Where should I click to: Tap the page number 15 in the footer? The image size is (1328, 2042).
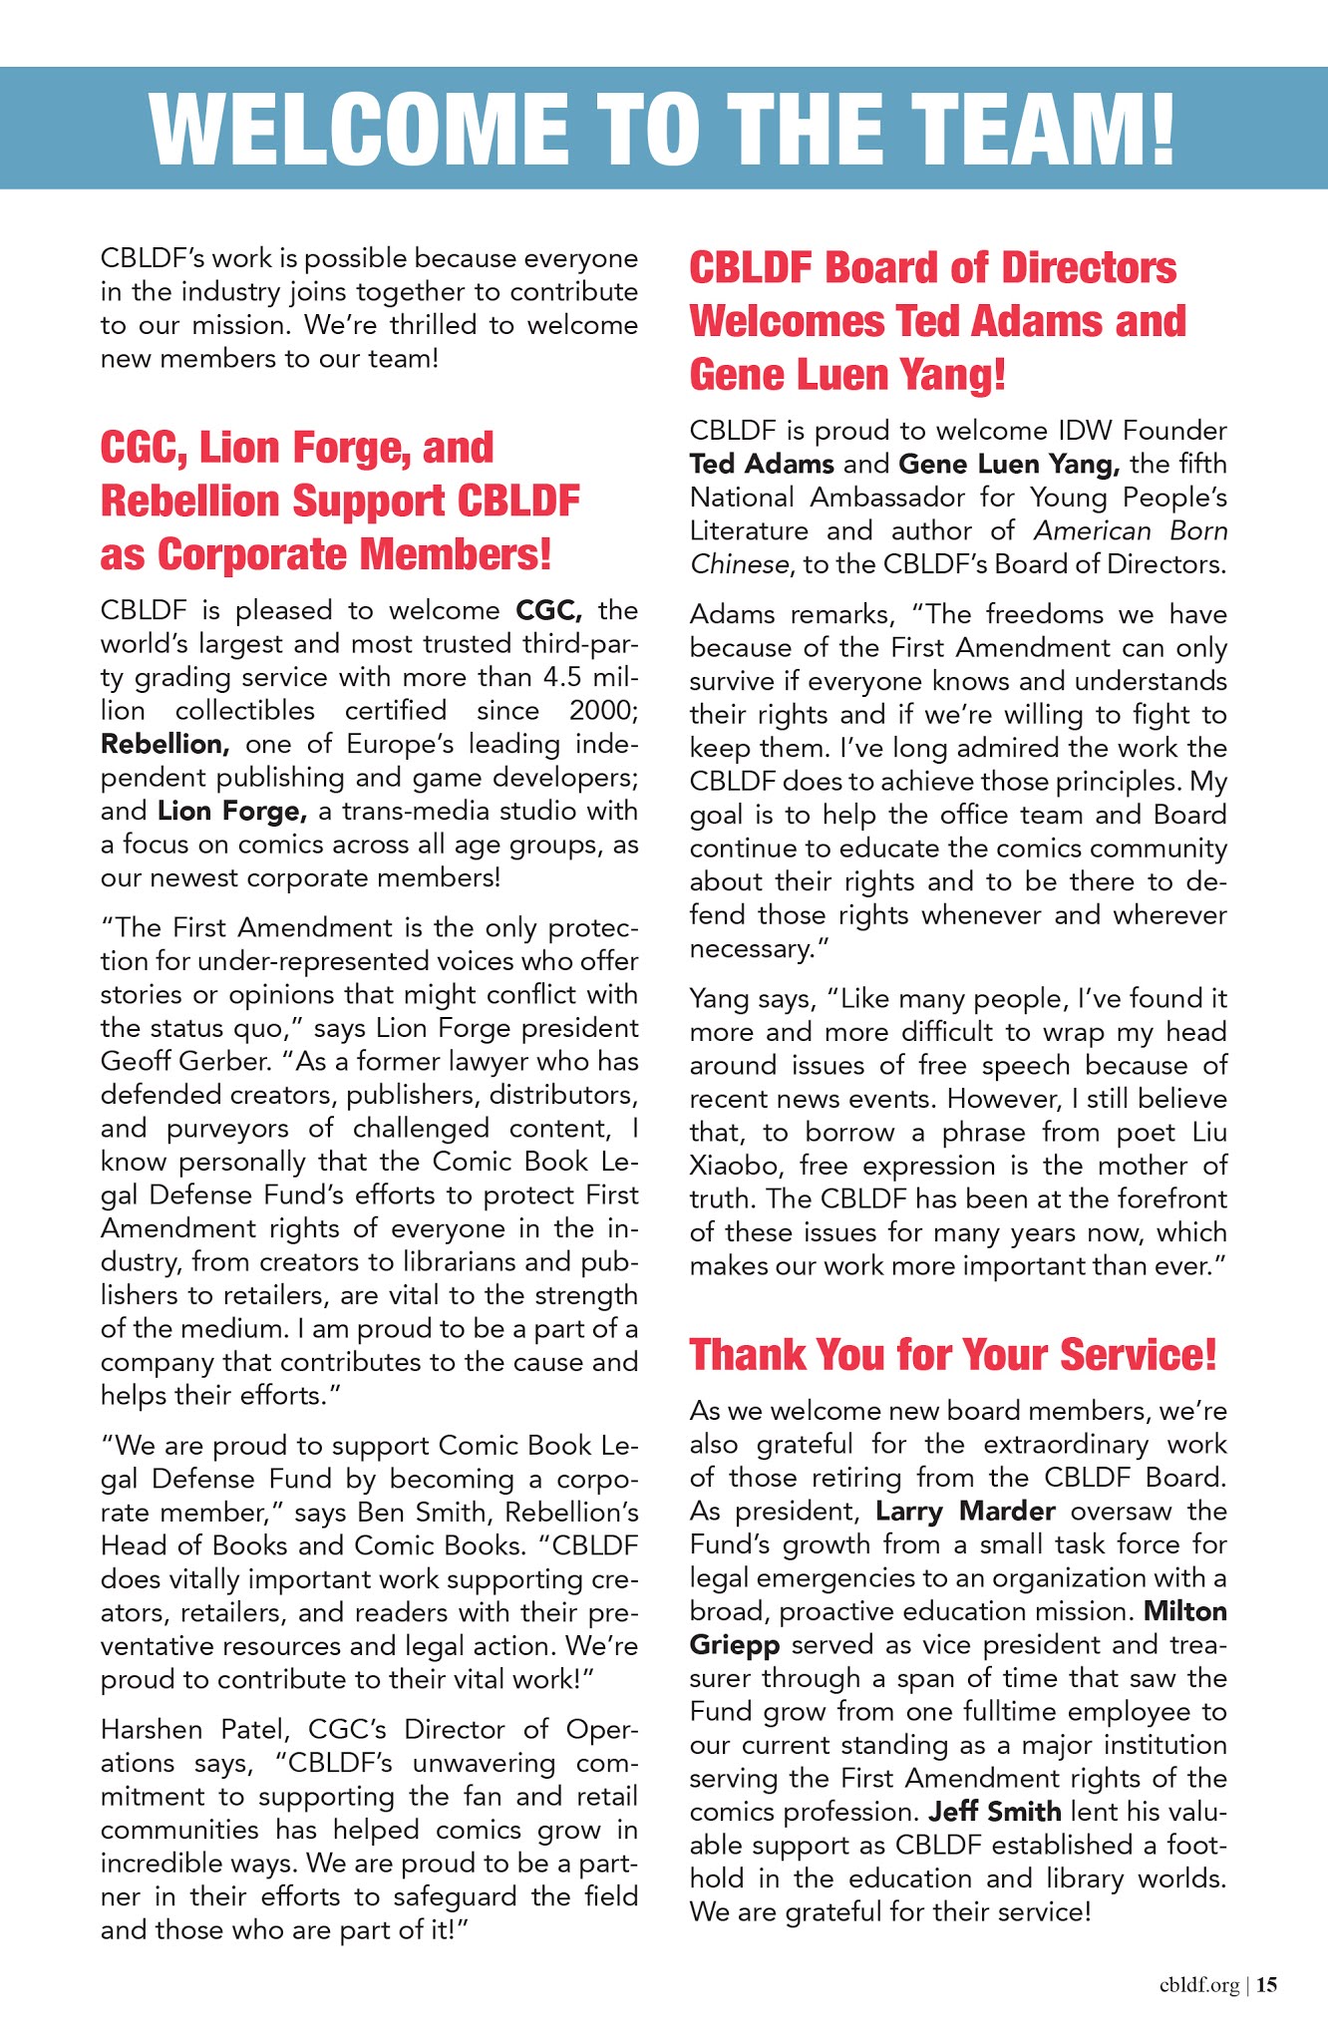[1266, 1985]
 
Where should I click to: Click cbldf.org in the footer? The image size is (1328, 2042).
[1199, 1985]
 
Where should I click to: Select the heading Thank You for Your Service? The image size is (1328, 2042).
[953, 1354]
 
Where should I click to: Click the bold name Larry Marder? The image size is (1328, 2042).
[964, 1511]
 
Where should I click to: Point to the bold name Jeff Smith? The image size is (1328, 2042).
[994, 1811]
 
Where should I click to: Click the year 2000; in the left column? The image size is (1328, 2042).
[603, 711]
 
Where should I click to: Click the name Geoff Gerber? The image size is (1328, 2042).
[163, 1061]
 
